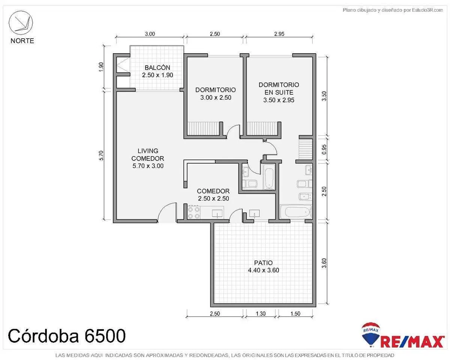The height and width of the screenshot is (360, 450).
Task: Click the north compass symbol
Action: (21, 23)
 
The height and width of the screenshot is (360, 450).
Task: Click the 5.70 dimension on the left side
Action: (101, 155)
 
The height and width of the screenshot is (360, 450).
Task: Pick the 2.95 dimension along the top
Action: (279, 34)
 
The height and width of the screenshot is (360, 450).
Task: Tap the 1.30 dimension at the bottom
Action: (261, 313)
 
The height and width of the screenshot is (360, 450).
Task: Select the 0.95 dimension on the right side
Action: (324, 149)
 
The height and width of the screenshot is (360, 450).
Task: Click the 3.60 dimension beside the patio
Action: (324, 263)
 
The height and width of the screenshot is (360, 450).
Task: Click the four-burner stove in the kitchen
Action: (193, 212)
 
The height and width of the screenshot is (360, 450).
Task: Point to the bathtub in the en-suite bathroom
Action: (295, 212)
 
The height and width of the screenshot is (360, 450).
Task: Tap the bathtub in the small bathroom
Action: (269, 177)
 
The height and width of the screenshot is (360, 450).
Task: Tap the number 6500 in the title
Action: (105, 336)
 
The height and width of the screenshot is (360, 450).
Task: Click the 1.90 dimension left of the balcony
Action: (101, 67)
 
